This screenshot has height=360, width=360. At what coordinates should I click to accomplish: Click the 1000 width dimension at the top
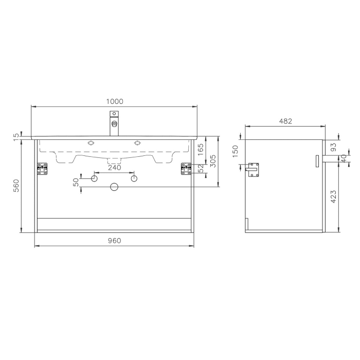tap(114, 101)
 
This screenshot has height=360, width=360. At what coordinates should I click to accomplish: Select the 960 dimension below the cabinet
tap(114, 241)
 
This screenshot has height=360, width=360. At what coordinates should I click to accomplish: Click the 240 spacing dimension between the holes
tap(114, 168)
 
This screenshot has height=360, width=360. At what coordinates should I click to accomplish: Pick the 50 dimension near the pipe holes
tap(76, 182)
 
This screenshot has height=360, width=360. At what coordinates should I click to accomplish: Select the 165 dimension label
tap(201, 150)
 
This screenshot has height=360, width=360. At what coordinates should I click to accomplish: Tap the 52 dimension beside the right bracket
tap(201, 168)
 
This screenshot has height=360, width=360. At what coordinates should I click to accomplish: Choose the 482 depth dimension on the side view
tap(285, 121)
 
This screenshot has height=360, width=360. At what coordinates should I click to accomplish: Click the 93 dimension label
tap(333, 147)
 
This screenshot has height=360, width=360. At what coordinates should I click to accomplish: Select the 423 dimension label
tap(333, 195)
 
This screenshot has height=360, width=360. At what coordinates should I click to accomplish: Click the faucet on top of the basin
tap(114, 123)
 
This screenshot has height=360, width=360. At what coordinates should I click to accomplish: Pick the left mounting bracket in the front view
tap(42, 169)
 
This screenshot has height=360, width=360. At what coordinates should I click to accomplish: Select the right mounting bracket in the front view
tap(186, 169)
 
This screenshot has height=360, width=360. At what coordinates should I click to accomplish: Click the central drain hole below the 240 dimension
tap(114, 187)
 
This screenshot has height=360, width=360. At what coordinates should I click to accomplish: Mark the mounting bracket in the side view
tap(253, 170)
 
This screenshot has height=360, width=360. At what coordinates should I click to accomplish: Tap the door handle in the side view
tap(317, 161)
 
